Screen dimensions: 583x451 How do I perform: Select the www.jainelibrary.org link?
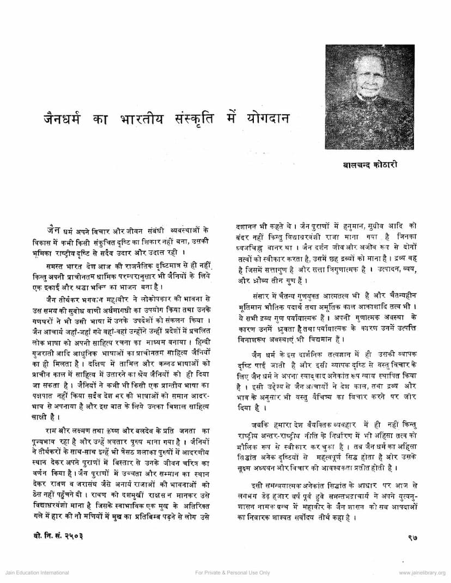pos(422,573)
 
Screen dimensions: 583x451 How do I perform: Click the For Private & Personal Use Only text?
pos(232,573)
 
